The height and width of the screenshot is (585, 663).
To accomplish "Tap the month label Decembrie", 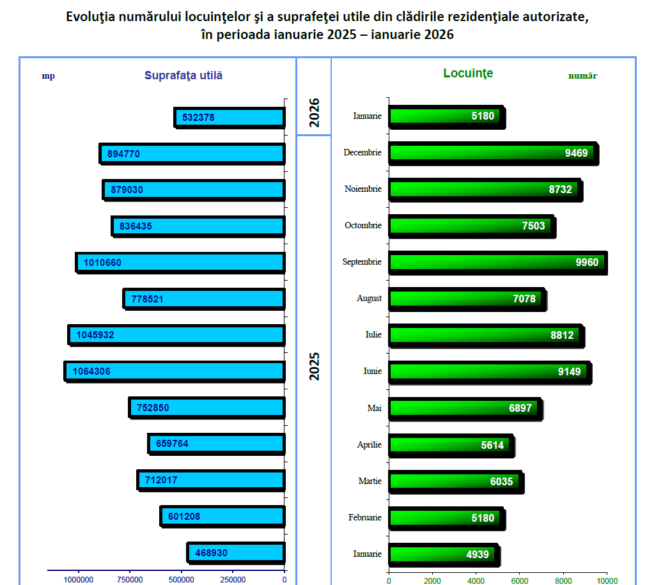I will pyautogui.click(x=362, y=153).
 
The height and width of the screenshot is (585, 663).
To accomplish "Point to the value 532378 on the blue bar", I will pyautogui.click(x=198, y=118).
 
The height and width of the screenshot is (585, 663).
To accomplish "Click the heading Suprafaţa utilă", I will pyautogui.click(x=183, y=75).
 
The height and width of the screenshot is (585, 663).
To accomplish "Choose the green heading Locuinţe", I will pyautogui.click(x=468, y=74).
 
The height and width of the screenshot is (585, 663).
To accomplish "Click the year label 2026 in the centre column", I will pyautogui.click(x=314, y=113).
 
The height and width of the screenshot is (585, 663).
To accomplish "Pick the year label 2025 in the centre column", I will pyautogui.click(x=314, y=366).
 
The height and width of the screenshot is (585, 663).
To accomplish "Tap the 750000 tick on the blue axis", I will pyautogui.click(x=130, y=580).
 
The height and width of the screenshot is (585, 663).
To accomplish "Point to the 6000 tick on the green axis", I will pyautogui.click(x=519, y=581).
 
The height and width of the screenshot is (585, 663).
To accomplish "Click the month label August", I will pyautogui.click(x=370, y=299).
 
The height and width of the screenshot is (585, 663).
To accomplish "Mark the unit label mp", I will pyautogui.click(x=49, y=76).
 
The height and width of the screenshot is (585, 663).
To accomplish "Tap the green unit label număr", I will pyautogui.click(x=582, y=75).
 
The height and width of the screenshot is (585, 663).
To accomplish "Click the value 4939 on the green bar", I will pyautogui.click(x=478, y=554).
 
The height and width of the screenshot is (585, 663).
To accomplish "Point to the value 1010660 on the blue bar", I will pyautogui.click(x=102, y=263).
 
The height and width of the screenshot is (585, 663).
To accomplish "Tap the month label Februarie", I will pyautogui.click(x=365, y=517).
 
